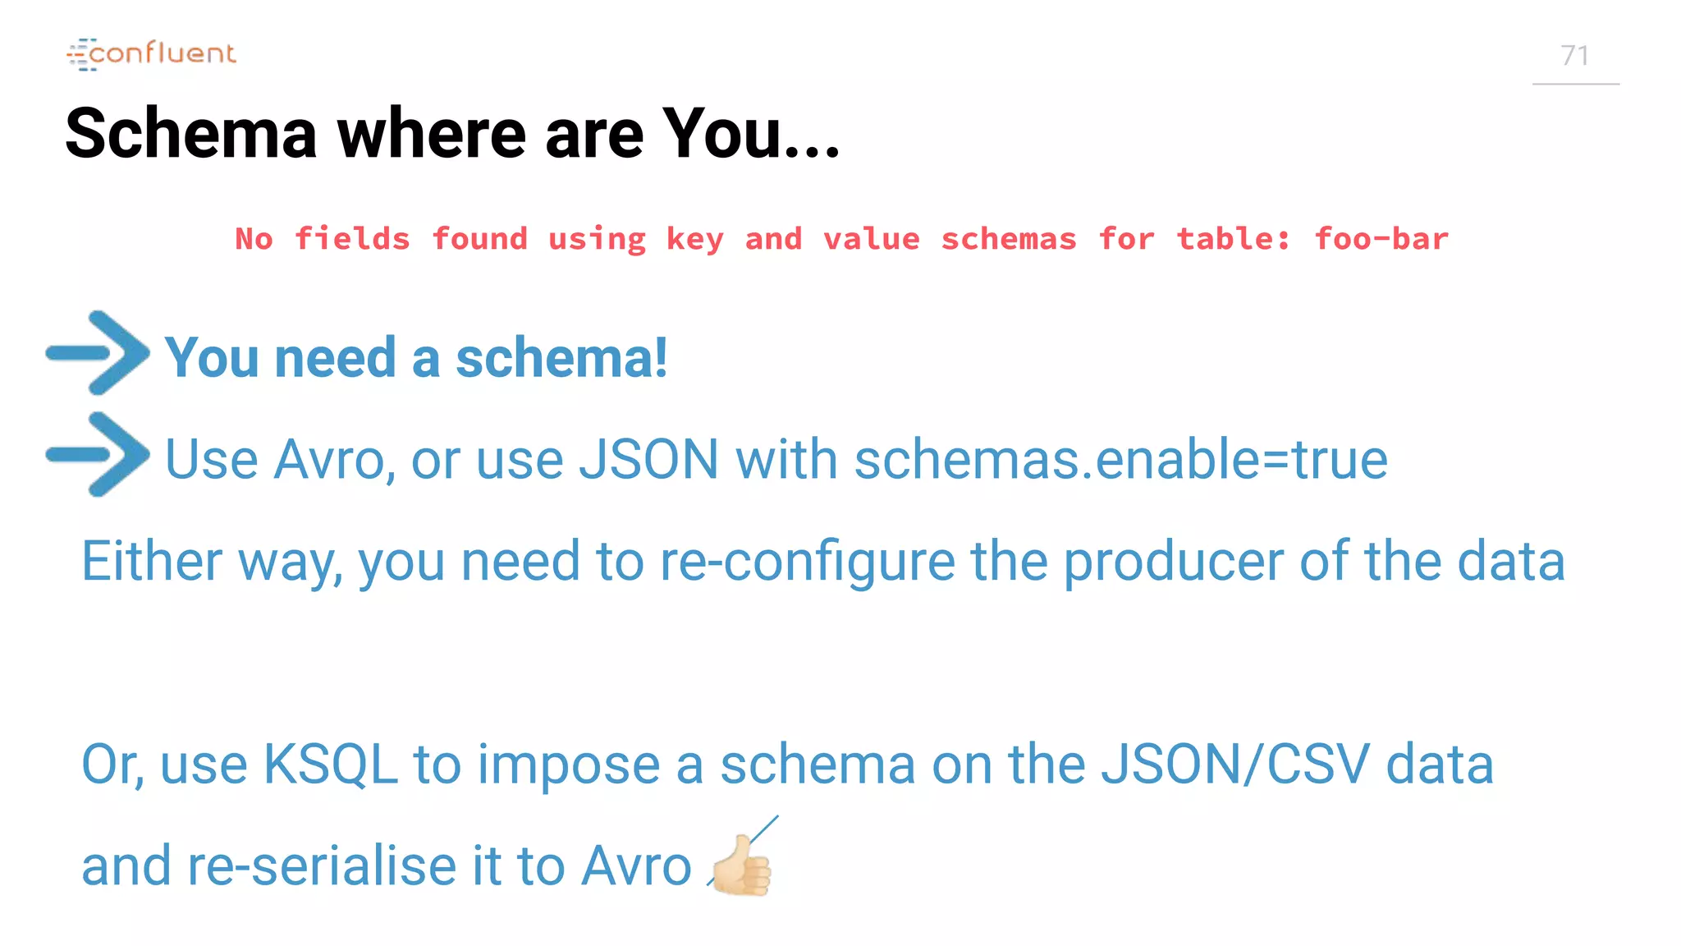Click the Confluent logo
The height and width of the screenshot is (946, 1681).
point(152,54)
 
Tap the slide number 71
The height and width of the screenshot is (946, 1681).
point(1574,56)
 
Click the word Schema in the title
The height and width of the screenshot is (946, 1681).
point(190,133)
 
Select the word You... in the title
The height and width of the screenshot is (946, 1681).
point(751,133)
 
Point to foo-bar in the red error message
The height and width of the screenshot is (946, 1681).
point(1381,239)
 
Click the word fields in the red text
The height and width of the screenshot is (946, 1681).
point(352,239)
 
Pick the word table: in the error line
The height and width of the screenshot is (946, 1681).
point(1233,239)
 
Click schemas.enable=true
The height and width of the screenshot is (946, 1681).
point(1121,459)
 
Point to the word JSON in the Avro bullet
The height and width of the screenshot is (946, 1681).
point(648,459)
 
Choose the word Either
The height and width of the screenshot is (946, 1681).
point(152,561)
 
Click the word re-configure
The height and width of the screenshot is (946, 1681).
point(807,563)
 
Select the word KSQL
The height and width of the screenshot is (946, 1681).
point(330,765)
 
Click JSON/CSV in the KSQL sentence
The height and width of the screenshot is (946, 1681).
point(1234,765)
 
